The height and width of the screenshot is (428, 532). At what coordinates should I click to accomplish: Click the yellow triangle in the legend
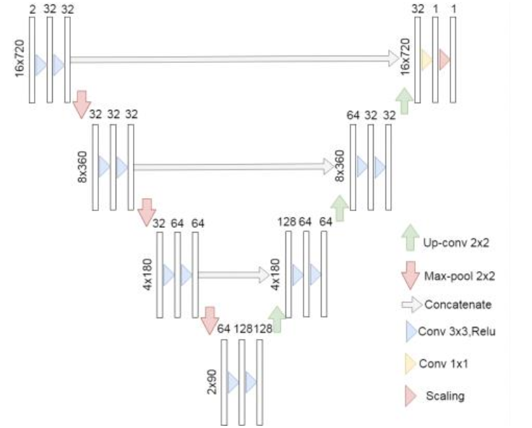tap(410, 363)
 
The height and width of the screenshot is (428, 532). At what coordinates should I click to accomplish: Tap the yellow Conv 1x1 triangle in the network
tap(426, 60)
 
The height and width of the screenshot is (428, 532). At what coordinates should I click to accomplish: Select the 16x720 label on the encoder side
tap(20, 58)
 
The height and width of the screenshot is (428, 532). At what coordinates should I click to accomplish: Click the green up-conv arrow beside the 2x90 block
tap(276, 320)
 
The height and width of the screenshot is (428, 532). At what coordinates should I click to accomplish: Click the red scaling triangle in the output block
tap(445, 60)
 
